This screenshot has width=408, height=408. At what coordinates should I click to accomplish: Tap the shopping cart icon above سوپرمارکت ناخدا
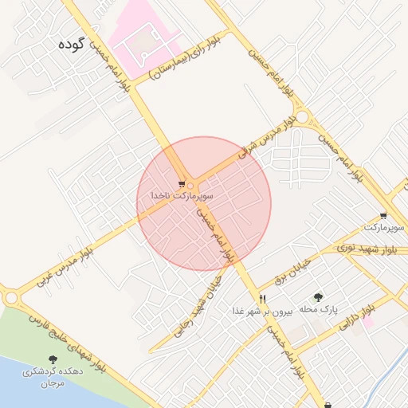tap(182, 184)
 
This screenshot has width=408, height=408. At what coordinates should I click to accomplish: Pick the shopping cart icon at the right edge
tap(383, 216)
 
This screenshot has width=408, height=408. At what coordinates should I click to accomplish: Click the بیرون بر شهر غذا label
tap(263, 311)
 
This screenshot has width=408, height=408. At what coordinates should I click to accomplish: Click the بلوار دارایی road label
tap(356, 318)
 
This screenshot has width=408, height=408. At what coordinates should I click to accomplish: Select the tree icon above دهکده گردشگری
tap(53, 360)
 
